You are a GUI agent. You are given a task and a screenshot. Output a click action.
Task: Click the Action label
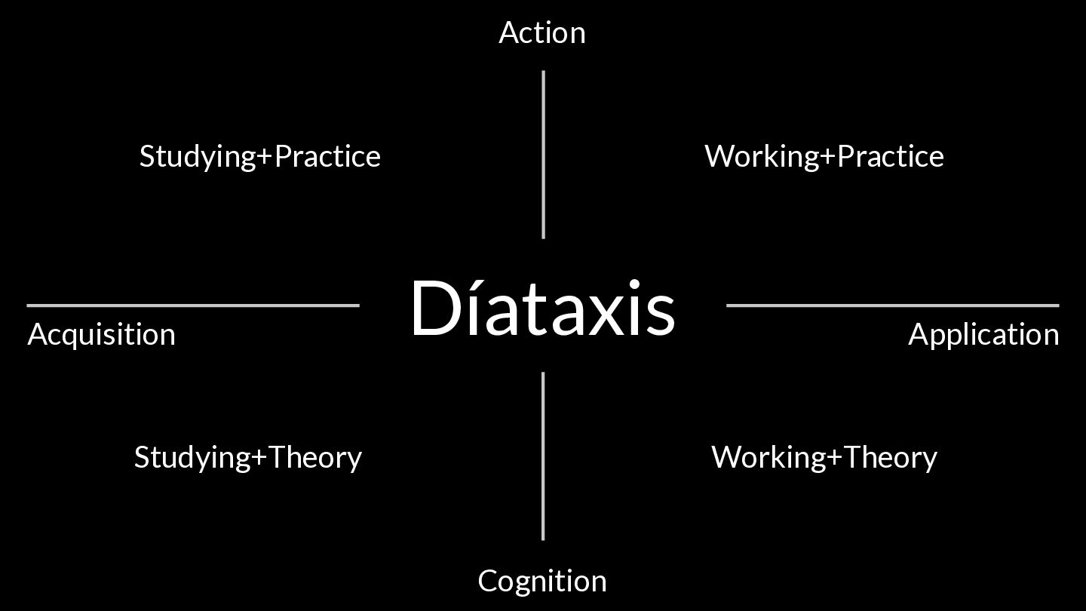coord(541,33)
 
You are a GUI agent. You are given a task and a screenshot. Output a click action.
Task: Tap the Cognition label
coord(541,581)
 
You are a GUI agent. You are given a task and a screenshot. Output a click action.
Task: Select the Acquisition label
coord(101,335)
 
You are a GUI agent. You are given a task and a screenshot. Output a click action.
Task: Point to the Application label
coord(983,335)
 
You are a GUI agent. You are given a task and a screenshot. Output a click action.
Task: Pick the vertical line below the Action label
coord(543,155)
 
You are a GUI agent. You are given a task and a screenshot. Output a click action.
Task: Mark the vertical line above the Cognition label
coord(543,456)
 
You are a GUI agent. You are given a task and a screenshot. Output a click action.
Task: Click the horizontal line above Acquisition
coord(193,305)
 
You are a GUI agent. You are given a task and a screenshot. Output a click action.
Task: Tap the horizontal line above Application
coord(892,305)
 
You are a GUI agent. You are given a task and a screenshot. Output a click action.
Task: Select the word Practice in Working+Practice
coord(891,156)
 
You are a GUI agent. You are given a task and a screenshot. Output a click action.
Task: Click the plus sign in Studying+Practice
coord(264,157)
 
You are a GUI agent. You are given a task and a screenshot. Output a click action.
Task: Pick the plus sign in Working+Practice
coord(828,157)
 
